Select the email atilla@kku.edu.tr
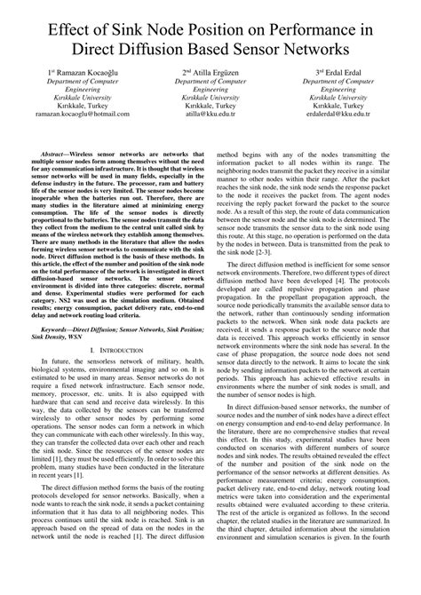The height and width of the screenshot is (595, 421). [210, 115]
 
